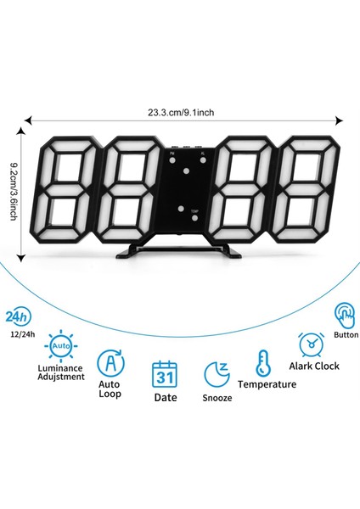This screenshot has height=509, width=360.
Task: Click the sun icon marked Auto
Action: (60, 346)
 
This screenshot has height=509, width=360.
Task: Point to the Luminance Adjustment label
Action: (62, 371)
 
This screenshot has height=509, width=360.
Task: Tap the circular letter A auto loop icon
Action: (110, 364)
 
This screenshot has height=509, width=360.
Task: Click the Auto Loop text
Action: (110, 389)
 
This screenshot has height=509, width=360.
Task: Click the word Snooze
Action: (216, 397)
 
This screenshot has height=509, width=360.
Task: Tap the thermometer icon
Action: (262, 363)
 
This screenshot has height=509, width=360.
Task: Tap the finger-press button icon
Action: (346, 316)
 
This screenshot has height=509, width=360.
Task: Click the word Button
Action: (346, 334)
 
